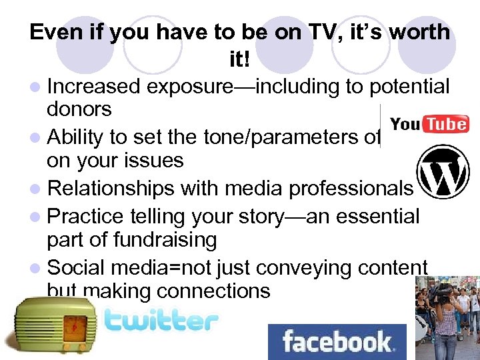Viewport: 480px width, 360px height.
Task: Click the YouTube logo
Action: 429,125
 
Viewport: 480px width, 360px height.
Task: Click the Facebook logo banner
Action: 337,341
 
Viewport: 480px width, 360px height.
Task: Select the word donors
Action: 79,109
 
